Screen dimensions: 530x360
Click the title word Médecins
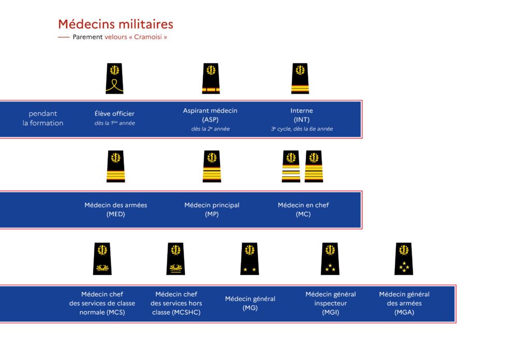pos(86,24)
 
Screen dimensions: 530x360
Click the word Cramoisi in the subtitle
pos(148,37)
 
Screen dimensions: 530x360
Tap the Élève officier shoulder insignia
pos(114,78)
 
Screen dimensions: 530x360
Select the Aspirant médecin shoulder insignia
pos(211,78)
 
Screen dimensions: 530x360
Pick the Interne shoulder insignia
pos(300,78)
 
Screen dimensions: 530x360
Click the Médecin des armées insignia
pos(115,166)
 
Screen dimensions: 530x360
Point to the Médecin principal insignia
pos(212,166)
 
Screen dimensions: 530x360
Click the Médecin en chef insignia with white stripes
pos(291,166)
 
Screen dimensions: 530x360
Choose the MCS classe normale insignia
pos(102,259)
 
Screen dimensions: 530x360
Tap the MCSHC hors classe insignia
pos(176,259)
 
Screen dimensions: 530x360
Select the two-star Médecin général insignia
pos(250,259)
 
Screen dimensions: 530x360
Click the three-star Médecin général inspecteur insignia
pos(330,259)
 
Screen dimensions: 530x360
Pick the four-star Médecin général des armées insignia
pos(404,259)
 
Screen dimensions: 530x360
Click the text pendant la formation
pos(43,118)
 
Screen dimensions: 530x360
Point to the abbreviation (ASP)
pos(210,119)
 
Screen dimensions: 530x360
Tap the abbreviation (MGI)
pos(331,312)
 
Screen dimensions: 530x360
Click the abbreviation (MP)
pos(212,214)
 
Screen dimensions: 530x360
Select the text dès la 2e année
pos(211,129)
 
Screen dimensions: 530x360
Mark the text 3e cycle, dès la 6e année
pos(302,129)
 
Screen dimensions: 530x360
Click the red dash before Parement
pos(64,37)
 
